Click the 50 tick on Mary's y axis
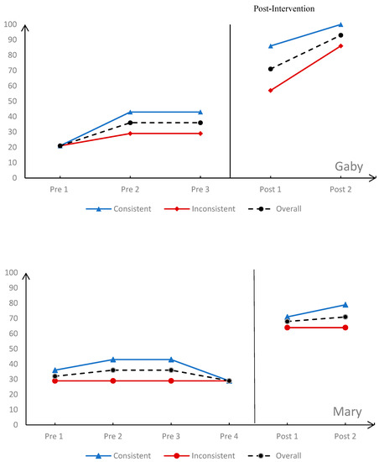pos(11,349)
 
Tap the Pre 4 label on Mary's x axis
pos(229,437)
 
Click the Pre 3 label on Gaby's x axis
pos(200,190)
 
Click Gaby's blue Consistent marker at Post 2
pos(340,24)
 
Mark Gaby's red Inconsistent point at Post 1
pos(270,90)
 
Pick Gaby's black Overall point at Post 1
pos(270,69)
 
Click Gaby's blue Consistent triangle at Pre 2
pos(130,112)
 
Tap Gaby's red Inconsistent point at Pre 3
pos(200,134)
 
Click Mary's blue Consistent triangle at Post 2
pos(345,305)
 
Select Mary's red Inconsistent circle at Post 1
pos(287,328)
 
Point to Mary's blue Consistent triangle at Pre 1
pos(55,370)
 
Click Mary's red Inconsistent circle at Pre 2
pos(113,381)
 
